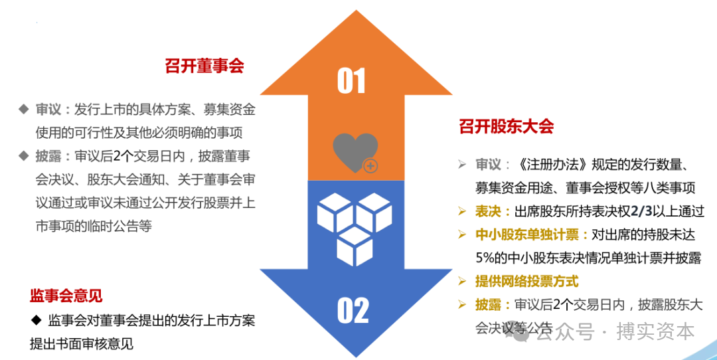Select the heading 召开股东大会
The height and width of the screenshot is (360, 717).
506,126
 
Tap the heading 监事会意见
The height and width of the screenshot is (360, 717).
66,296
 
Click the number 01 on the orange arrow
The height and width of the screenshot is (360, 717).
351,80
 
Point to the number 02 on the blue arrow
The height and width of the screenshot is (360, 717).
353,310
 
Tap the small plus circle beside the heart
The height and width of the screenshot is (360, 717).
370,165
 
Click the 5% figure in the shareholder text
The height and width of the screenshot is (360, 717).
486,258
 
